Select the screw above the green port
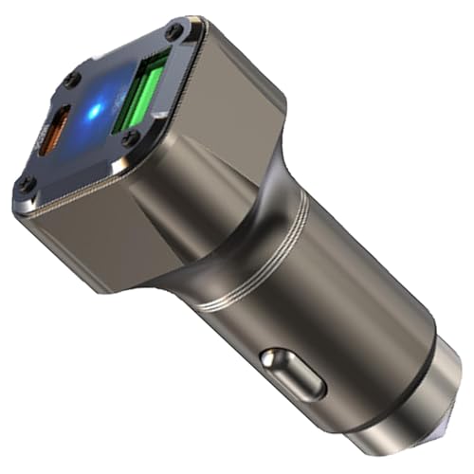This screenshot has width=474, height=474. coord(173,31)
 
